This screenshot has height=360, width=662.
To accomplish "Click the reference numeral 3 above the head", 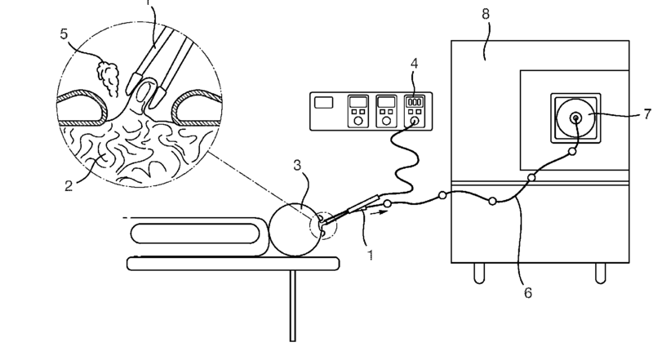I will tap(300, 167).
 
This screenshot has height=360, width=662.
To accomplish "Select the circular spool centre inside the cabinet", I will tap(576, 118).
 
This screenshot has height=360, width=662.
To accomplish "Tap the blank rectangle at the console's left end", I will tap(324, 103).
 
